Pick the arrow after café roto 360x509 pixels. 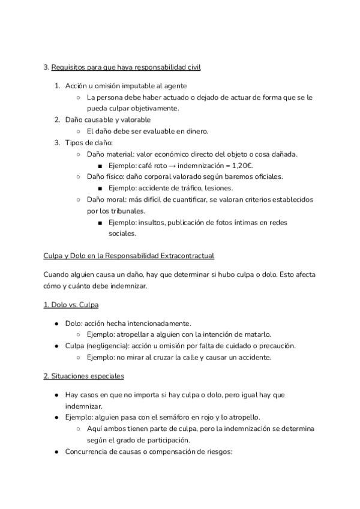(x=173, y=165)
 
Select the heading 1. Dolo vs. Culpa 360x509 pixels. (x=71, y=305)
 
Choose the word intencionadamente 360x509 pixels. (x=157, y=323)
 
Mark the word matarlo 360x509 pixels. (x=256, y=334)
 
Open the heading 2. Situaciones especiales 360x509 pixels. (x=83, y=376)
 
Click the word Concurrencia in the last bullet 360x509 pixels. (x=89, y=451)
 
